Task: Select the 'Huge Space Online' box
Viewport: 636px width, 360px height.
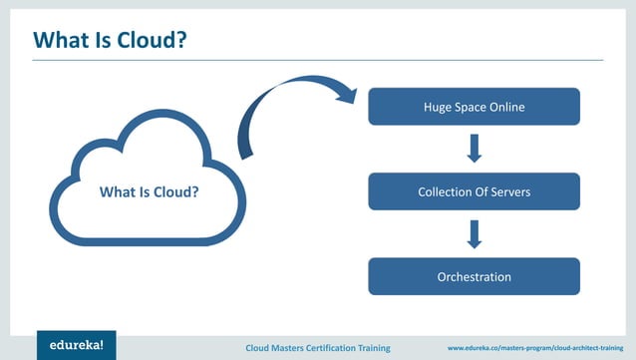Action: [474, 107]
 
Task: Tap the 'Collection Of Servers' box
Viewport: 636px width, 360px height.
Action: [474, 191]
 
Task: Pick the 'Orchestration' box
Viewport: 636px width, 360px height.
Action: [474, 276]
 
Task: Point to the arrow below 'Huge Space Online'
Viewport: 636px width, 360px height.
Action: [475, 149]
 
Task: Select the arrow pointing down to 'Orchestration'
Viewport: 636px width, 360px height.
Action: [475, 234]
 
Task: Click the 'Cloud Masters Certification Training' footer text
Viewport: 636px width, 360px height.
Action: [328, 347]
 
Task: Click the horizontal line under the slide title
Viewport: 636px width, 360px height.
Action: [318, 60]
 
